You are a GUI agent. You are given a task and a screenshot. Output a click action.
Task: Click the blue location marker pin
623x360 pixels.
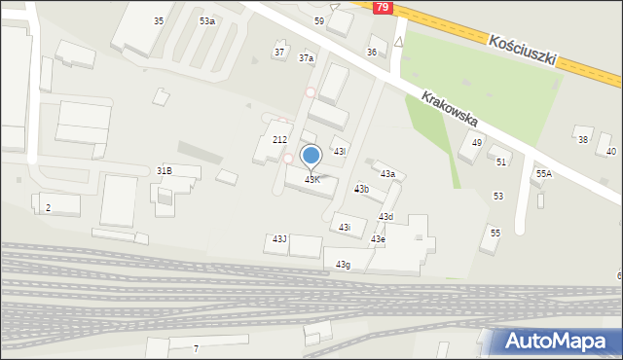(x=311, y=156)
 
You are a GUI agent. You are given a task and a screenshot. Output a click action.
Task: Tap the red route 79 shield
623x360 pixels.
(x=384, y=7)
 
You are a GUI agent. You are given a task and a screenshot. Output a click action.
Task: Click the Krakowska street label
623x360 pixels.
(x=449, y=109)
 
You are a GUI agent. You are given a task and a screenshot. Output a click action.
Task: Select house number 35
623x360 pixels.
(x=159, y=20)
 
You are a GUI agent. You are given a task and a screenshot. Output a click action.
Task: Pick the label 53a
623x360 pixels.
(x=207, y=20)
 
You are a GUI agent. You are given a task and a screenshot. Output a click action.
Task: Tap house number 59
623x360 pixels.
(x=319, y=20)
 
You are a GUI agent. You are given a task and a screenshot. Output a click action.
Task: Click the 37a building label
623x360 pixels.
(x=307, y=58)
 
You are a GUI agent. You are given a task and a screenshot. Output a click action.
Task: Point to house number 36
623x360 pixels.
(x=371, y=52)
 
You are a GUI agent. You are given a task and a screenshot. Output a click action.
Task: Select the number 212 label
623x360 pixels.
(x=279, y=140)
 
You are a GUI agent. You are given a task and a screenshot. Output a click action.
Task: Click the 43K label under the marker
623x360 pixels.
(x=312, y=180)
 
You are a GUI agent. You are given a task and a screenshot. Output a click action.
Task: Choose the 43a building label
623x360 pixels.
(x=387, y=173)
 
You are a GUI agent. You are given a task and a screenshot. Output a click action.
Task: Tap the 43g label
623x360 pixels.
(x=343, y=264)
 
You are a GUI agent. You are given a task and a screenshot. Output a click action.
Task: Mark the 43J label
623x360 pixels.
(x=279, y=238)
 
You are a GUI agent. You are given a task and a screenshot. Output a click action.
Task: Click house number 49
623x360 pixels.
(x=477, y=143)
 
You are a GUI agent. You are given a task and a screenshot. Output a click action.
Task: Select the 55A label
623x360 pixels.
(x=543, y=173)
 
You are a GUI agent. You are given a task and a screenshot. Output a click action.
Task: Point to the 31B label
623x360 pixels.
(x=165, y=170)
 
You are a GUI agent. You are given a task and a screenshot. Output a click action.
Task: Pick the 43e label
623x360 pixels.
(x=378, y=239)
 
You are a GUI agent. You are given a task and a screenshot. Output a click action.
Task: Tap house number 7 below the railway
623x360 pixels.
(x=196, y=348)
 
